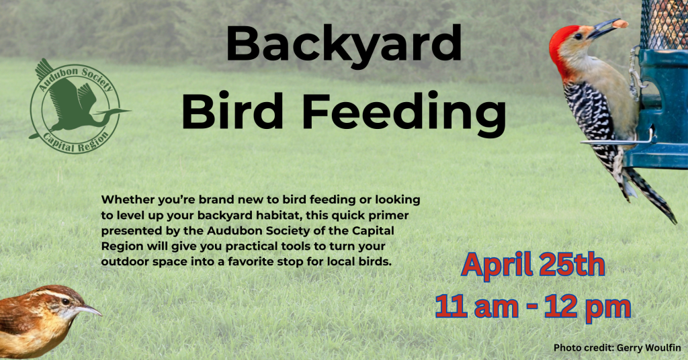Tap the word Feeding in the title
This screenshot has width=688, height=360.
click(404, 111)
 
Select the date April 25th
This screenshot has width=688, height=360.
click(533, 265)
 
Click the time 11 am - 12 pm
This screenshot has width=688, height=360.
click(533, 306)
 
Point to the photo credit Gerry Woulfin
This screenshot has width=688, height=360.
click(617, 348)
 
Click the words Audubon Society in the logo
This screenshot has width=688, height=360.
click(75, 77)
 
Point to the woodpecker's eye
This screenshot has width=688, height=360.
click(578, 36)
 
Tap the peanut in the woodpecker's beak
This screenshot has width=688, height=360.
click(620, 24)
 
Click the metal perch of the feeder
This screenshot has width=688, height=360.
click(617, 142)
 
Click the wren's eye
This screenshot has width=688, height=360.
click(65, 302)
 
